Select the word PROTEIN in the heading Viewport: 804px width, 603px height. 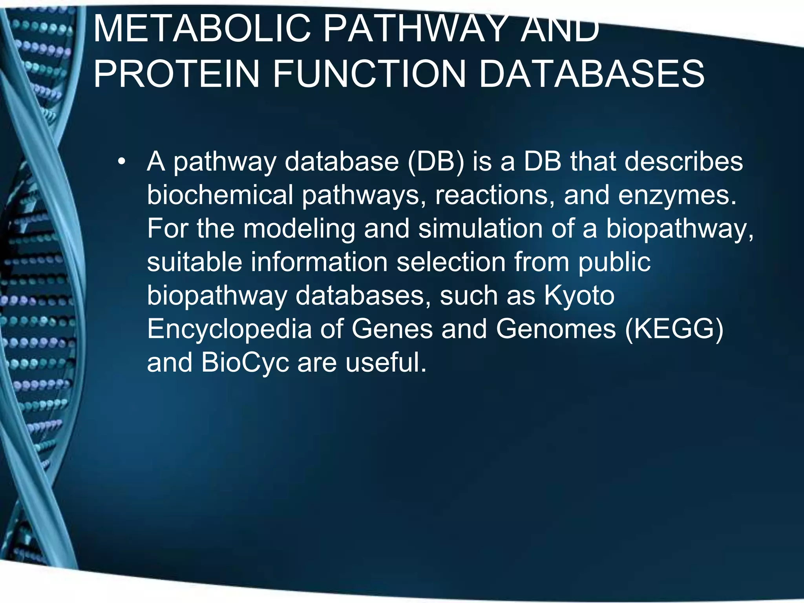176,74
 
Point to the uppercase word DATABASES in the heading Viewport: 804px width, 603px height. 592,74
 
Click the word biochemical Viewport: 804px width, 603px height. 220,195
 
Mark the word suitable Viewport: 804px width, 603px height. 194,262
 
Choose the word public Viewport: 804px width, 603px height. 614,263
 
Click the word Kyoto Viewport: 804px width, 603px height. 579,296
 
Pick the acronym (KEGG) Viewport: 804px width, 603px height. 674,329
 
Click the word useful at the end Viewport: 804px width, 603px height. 386,362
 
